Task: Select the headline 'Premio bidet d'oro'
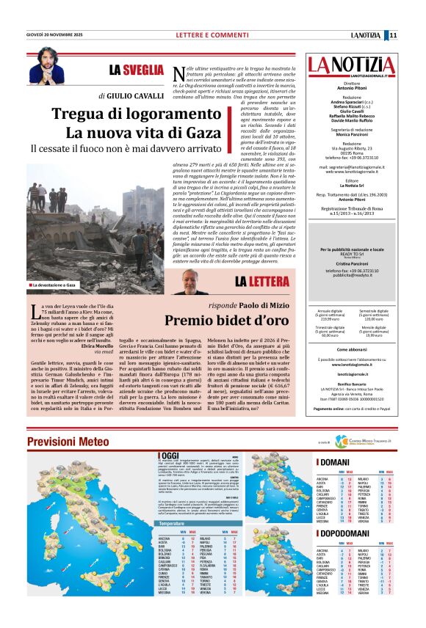pos(226,320)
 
